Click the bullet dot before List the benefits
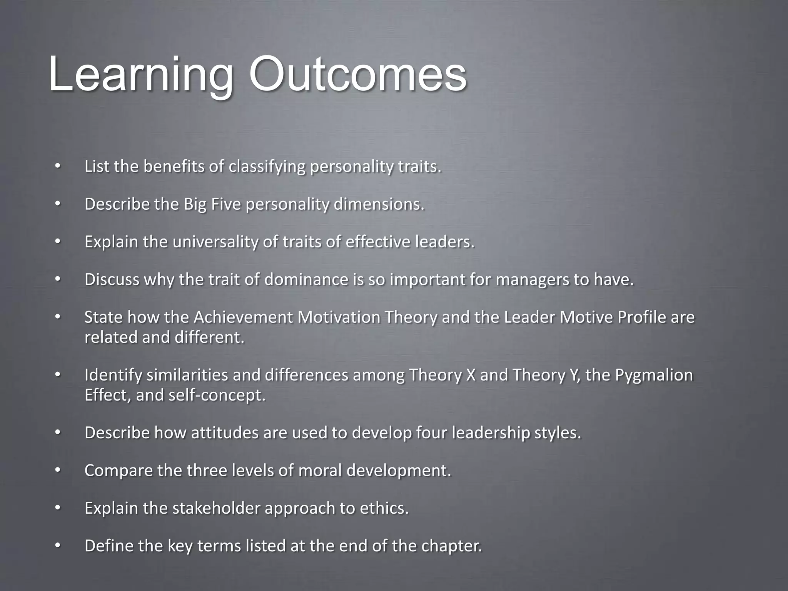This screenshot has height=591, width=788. coord(57,167)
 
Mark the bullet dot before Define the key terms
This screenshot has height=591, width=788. coord(57,546)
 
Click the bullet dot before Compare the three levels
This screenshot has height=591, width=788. coord(57,470)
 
